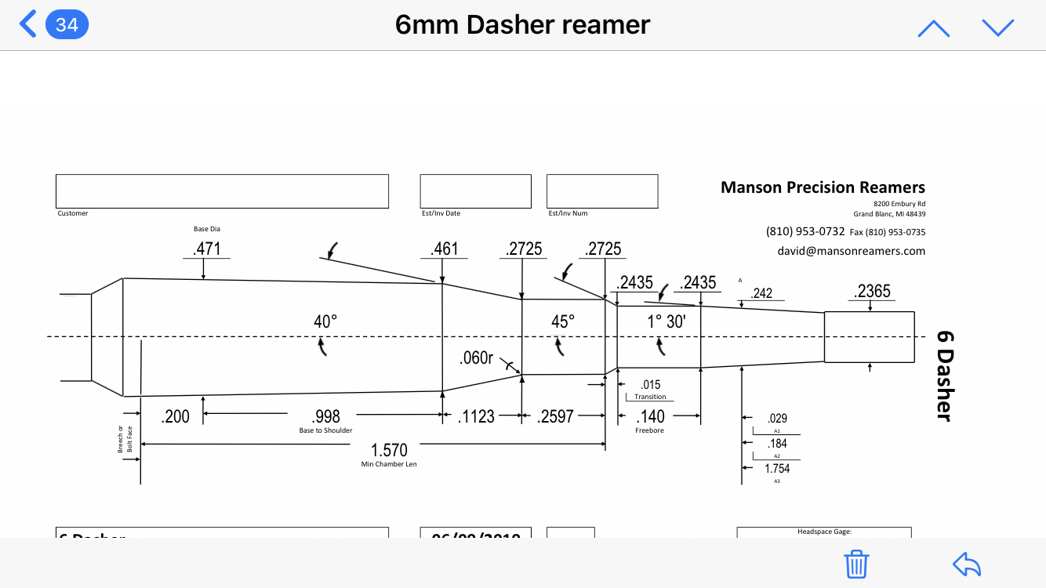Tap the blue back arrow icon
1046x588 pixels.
coord(27,24)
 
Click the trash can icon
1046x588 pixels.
coord(856,564)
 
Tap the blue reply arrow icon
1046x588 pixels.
coord(967,564)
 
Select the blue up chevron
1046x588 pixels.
coord(933,28)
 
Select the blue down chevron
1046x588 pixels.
coord(997,28)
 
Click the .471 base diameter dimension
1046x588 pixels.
coord(207,249)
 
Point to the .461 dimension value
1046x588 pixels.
coord(445,249)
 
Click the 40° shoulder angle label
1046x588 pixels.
coord(325,321)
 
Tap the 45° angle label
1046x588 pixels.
coord(563,321)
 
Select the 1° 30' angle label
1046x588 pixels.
coord(666,321)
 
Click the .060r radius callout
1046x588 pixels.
coord(476,358)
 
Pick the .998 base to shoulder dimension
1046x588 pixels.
coord(325,416)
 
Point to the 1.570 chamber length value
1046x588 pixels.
coord(389,450)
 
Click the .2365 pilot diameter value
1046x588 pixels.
coord(872,292)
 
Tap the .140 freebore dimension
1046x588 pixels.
coord(650,416)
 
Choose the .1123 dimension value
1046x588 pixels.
coord(477,416)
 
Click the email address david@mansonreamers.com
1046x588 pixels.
coord(851,252)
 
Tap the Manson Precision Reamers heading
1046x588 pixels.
coord(823,187)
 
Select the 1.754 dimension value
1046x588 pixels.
coord(777,469)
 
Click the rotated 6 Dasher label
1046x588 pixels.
coord(946,375)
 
